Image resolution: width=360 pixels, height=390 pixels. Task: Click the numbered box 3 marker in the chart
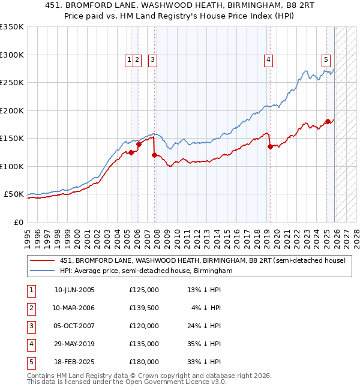click(152, 59)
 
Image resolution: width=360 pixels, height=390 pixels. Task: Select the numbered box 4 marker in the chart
click(268, 59)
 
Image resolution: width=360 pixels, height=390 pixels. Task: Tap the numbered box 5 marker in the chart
click(326, 59)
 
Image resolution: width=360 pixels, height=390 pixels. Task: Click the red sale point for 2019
click(270, 146)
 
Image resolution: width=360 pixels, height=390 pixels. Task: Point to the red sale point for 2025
click(328, 122)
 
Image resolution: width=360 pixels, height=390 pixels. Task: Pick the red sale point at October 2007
click(154, 155)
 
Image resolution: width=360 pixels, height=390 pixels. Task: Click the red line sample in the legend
click(43, 261)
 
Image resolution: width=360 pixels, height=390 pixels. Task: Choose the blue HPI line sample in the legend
click(43, 271)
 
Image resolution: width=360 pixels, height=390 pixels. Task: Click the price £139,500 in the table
click(144, 308)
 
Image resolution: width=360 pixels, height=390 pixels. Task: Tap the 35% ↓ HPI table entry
click(204, 344)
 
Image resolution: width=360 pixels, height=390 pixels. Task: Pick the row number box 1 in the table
click(30, 290)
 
